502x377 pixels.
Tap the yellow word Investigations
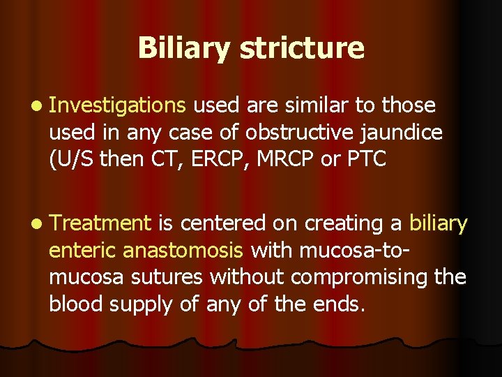click(118, 105)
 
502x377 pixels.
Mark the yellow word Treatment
click(100, 223)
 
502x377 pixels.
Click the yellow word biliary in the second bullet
click(438, 223)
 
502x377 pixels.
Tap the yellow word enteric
click(82, 250)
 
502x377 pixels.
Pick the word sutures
click(172, 277)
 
